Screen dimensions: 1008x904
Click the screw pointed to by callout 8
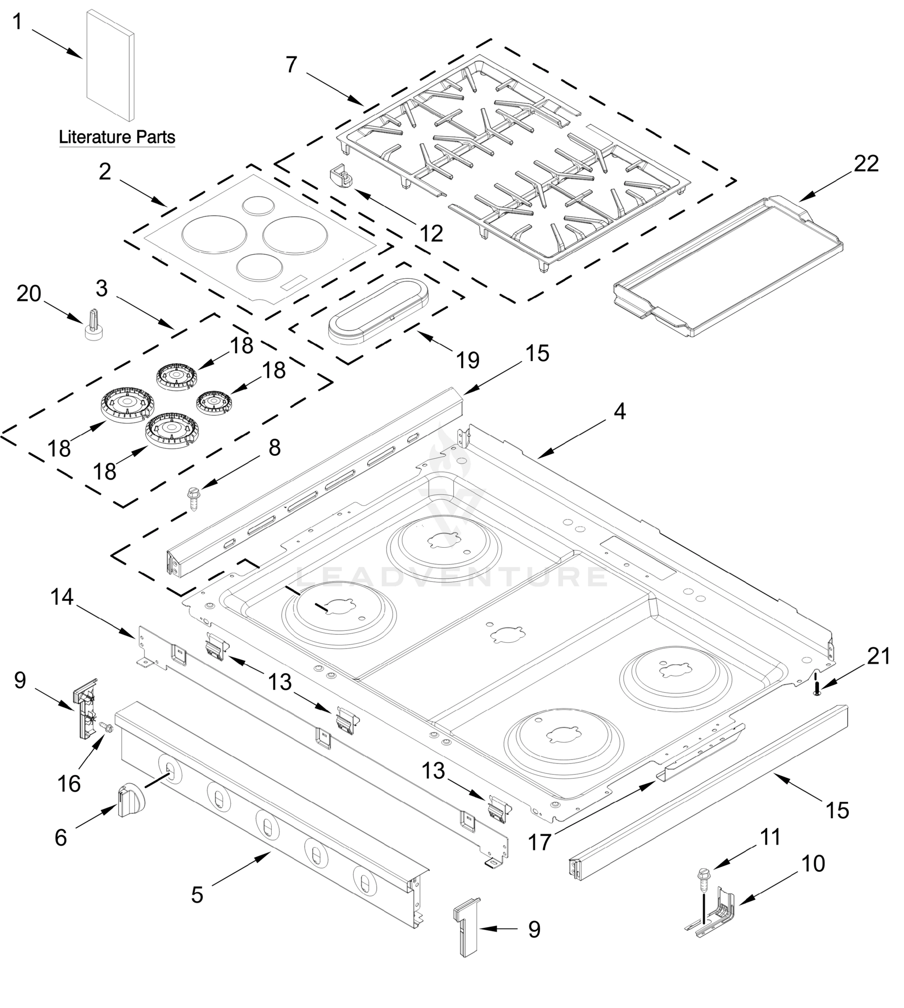(193, 499)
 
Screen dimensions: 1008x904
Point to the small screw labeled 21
(817, 689)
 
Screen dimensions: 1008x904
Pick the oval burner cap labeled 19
(379, 311)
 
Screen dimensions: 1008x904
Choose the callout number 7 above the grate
(291, 65)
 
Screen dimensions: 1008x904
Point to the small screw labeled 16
(106, 728)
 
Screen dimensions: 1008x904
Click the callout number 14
(62, 597)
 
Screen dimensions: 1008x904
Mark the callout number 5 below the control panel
(197, 895)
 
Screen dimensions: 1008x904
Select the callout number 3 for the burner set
(102, 288)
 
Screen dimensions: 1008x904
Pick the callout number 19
(468, 360)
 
